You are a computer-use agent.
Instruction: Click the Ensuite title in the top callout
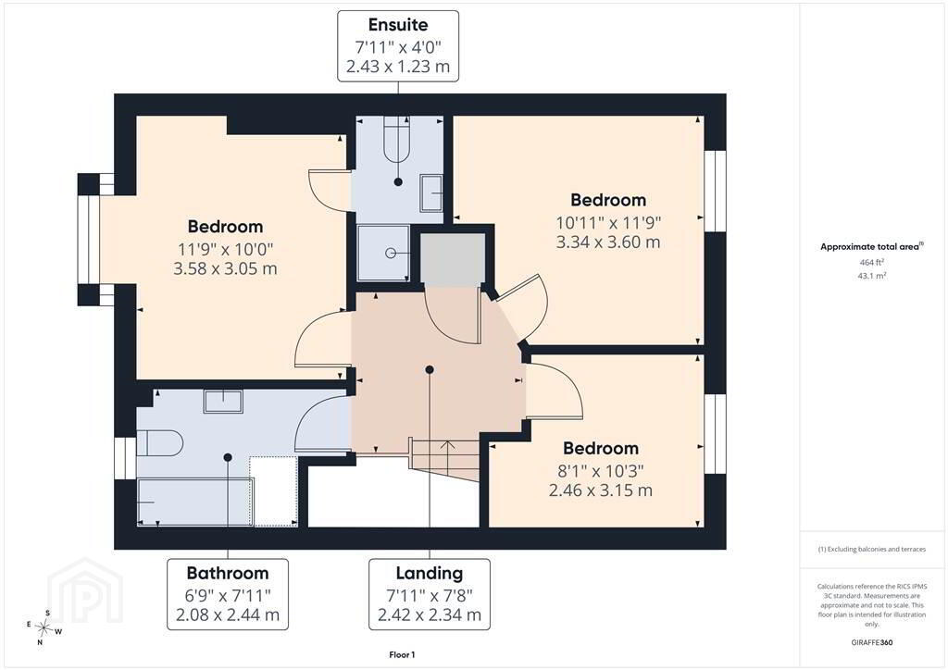tap(398, 25)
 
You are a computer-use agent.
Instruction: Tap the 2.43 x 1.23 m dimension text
tap(398, 67)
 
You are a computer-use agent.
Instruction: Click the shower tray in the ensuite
tap(383, 253)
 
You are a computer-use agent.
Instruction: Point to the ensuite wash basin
tap(431, 192)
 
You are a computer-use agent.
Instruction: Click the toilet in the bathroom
tap(159, 443)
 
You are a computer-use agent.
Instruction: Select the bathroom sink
tap(223, 401)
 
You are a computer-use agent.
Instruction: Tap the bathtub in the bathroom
tap(195, 502)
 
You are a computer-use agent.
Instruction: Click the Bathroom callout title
tap(228, 573)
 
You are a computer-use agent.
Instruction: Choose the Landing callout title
tap(430, 573)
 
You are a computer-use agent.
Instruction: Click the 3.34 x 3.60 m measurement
tap(608, 242)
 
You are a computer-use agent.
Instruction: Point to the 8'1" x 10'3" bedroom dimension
tap(600, 471)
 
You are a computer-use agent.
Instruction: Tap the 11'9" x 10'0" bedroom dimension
tap(226, 249)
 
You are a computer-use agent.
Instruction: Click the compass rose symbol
tap(44, 627)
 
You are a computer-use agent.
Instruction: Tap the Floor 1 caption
tap(402, 655)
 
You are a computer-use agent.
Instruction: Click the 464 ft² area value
tap(872, 262)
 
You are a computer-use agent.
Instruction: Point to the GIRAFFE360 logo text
tap(872, 642)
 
